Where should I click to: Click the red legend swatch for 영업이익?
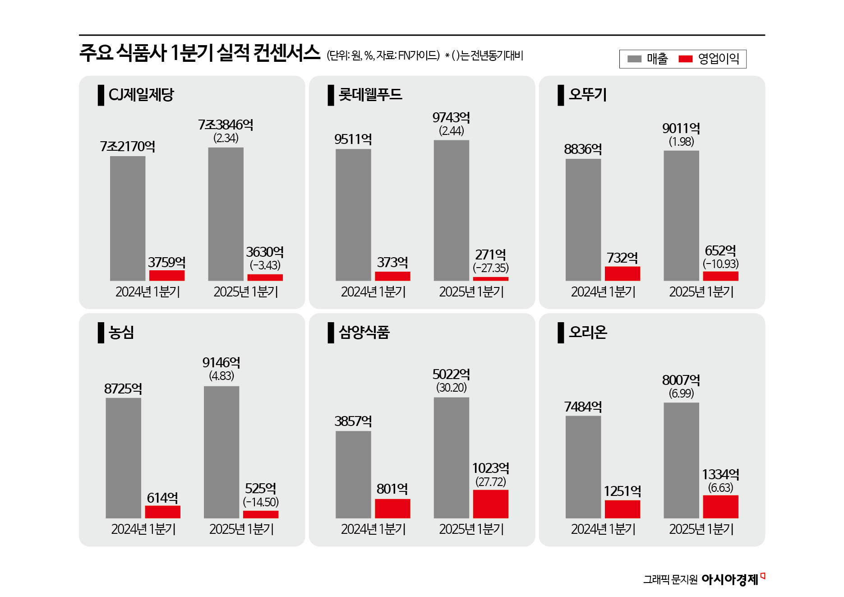click(x=685, y=59)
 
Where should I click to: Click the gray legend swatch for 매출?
click(x=634, y=59)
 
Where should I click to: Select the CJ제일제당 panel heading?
click(x=141, y=95)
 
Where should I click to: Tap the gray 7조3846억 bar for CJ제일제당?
click(x=226, y=214)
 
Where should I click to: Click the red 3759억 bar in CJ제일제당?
click(x=167, y=275)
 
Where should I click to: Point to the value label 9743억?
click(x=451, y=118)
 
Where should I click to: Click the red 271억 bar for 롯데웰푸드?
click(x=490, y=278)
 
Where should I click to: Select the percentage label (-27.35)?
click(x=490, y=268)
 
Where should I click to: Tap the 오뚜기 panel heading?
click(x=587, y=94)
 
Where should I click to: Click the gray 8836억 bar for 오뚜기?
click(x=583, y=219)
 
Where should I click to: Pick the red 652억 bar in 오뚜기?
click(x=720, y=276)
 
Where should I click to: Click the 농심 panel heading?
click(x=121, y=332)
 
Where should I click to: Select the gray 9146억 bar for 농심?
click(x=221, y=452)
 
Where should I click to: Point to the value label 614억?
click(x=162, y=498)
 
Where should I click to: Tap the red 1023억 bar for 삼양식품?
click(x=490, y=504)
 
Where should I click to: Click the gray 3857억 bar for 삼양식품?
click(x=353, y=474)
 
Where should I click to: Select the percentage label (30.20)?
click(x=451, y=388)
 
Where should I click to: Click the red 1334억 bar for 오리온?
click(x=720, y=506)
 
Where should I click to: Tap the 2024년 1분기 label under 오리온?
click(x=603, y=529)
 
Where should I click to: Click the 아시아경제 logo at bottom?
click(x=730, y=579)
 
